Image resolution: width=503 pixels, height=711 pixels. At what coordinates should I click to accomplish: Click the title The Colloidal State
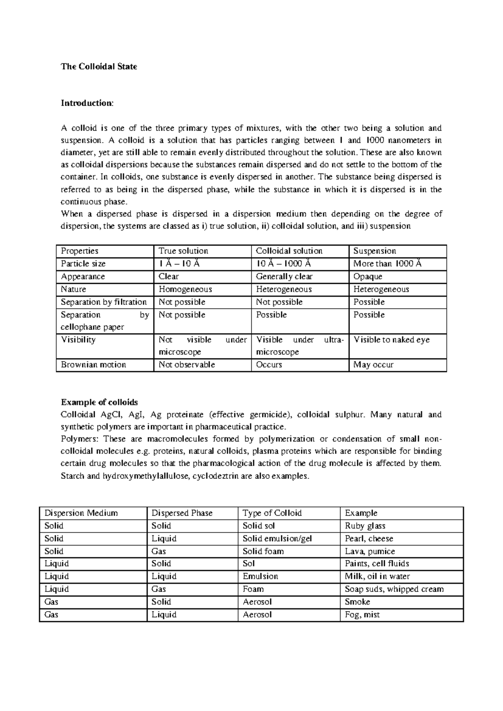(99, 66)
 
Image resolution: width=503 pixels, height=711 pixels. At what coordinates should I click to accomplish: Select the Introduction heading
(87, 103)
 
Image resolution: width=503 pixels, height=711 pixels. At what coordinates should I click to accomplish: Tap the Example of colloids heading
(99, 402)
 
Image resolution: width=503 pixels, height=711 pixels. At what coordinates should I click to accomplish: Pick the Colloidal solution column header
(289, 251)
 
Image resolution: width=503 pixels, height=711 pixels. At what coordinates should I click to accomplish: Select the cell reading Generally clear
(284, 277)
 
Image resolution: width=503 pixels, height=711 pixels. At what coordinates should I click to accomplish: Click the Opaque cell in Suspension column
(368, 277)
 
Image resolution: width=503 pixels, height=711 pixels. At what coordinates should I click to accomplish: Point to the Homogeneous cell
(185, 289)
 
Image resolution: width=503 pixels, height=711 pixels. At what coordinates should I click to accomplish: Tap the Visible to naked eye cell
(392, 340)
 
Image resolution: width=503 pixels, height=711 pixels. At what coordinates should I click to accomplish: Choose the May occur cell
(373, 365)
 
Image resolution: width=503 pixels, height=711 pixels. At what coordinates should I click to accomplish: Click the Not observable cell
(187, 365)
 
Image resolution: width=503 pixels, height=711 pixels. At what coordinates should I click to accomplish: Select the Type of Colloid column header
(272, 513)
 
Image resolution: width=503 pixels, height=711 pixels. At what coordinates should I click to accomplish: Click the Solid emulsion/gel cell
(277, 539)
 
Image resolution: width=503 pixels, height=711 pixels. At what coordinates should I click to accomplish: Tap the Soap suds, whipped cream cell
(394, 589)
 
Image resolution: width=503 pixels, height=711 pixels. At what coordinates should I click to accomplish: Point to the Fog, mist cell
(362, 615)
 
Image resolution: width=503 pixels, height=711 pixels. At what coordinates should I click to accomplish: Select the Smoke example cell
(357, 602)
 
